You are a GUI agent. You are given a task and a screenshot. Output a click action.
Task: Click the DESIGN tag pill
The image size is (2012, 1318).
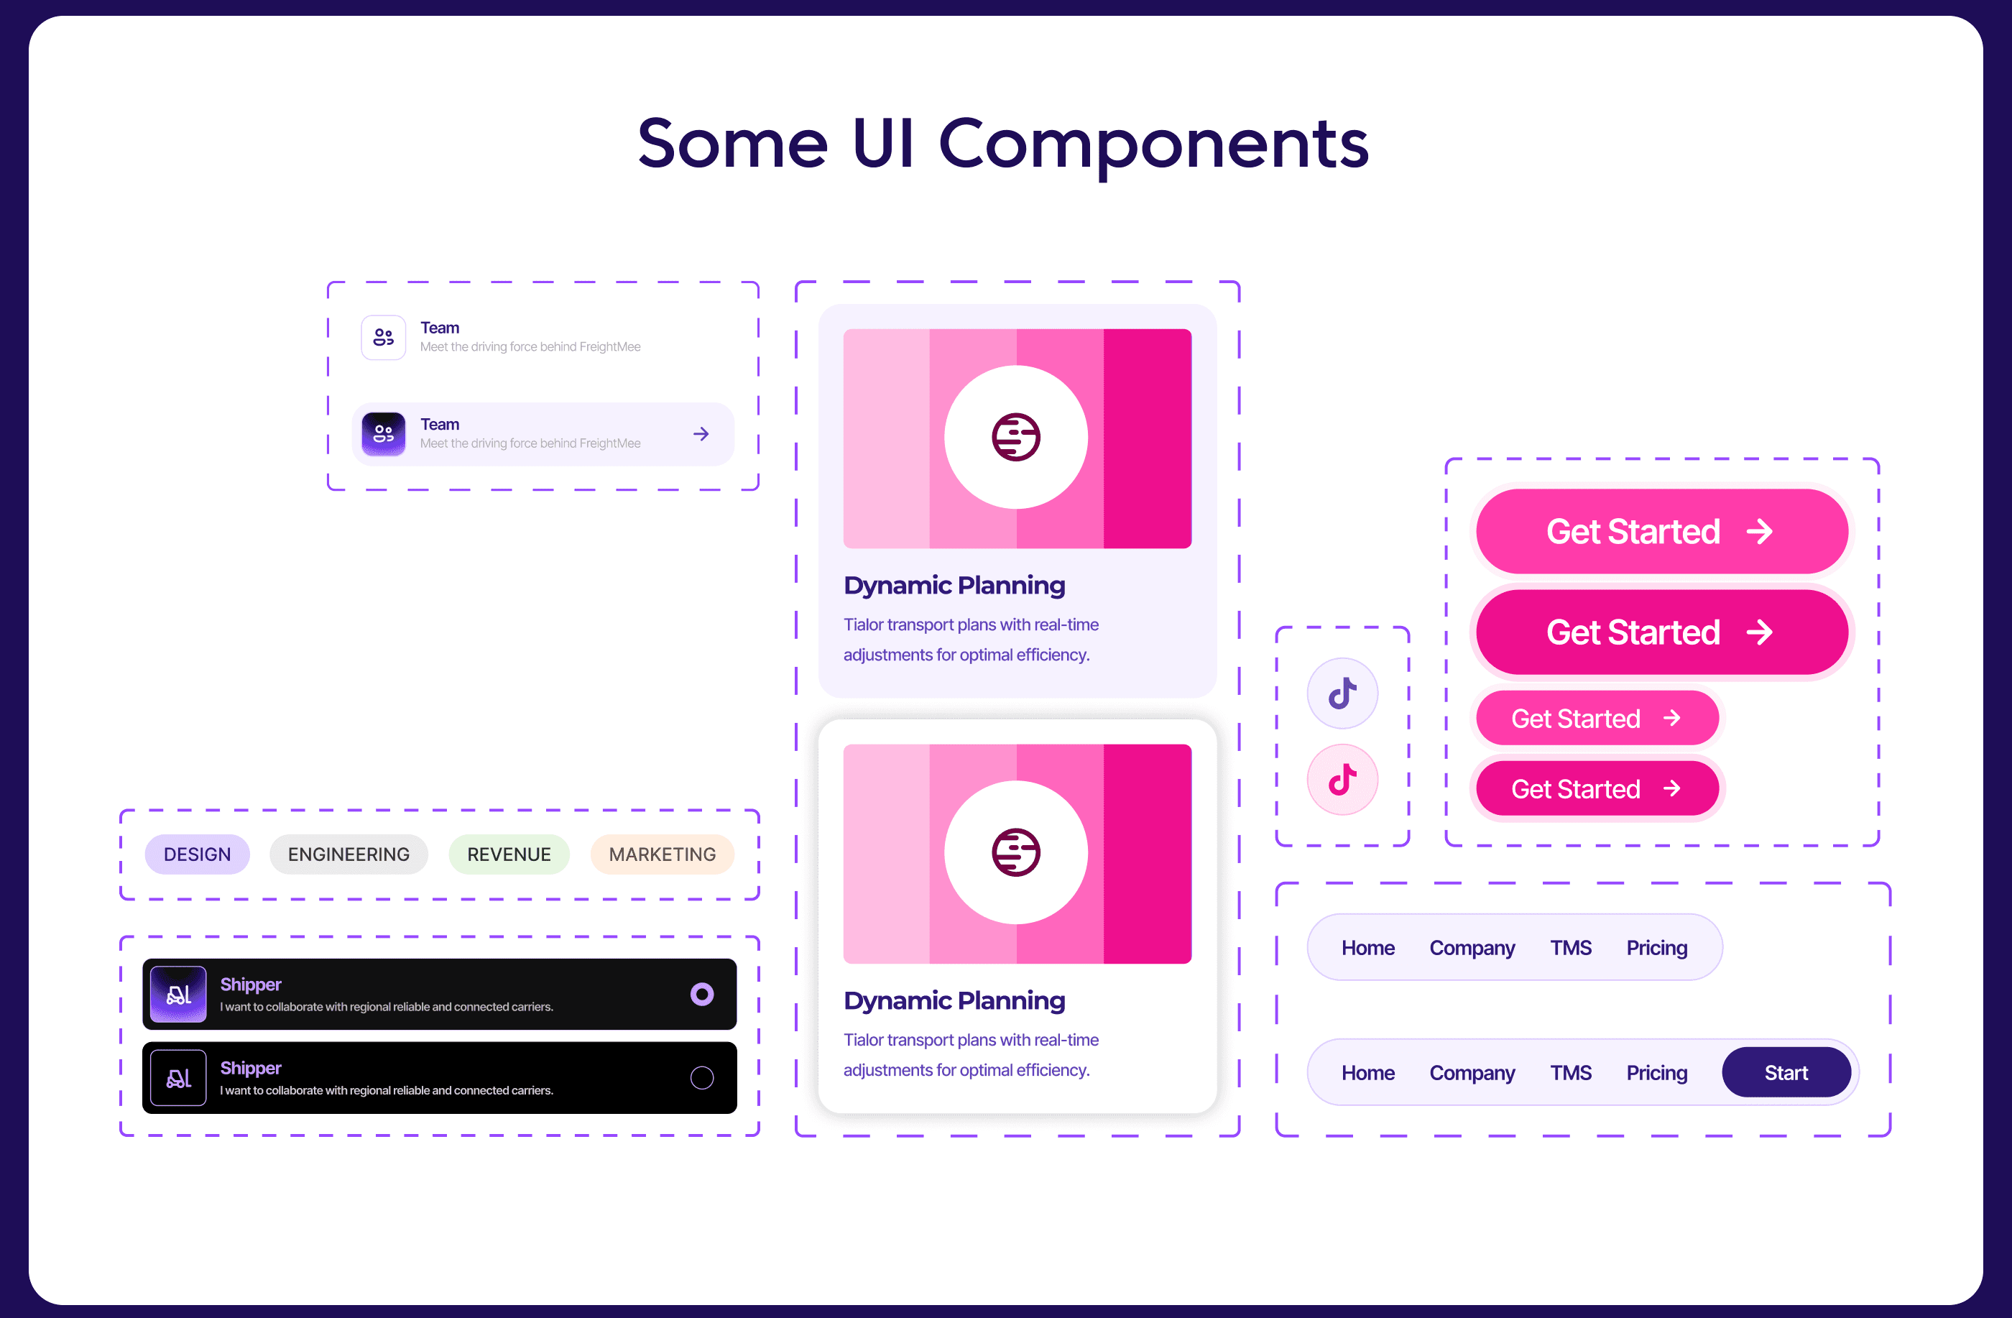(x=197, y=854)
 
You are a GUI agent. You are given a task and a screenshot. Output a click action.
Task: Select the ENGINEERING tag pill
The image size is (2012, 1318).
(x=349, y=854)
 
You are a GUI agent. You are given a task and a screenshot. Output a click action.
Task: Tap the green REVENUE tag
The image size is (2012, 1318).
(x=509, y=854)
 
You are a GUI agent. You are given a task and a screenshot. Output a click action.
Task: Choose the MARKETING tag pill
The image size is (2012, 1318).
(x=662, y=854)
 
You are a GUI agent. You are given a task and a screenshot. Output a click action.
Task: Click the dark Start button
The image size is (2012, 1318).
(x=1786, y=1072)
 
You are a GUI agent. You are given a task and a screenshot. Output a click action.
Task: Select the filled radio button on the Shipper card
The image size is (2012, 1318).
(x=701, y=993)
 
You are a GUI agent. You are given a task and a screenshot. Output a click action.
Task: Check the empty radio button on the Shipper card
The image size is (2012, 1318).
(x=701, y=1077)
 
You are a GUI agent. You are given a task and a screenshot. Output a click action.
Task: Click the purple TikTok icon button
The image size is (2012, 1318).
(x=1342, y=693)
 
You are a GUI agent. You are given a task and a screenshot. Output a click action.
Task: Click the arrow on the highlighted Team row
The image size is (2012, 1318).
(x=701, y=433)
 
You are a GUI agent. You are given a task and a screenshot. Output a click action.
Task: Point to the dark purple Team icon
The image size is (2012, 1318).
(x=384, y=433)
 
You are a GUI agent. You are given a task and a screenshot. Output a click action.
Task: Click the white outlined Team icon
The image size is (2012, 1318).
(x=384, y=337)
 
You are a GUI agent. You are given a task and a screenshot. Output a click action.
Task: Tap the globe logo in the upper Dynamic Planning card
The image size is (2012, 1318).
(x=1016, y=437)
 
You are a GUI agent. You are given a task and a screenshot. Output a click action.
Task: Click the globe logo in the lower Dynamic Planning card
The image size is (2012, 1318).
(x=1016, y=852)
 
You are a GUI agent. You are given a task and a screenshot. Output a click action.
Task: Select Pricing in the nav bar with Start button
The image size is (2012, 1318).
(x=1657, y=1072)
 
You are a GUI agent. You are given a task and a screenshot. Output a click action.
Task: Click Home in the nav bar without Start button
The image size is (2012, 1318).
(x=1368, y=948)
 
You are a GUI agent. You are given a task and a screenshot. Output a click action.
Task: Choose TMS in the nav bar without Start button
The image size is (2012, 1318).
(x=1571, y=948)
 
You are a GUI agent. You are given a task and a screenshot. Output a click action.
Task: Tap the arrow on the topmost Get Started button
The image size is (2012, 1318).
(x=1760, y=531)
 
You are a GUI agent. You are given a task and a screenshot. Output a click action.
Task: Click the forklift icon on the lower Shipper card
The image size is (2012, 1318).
(x=178, y=1077)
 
